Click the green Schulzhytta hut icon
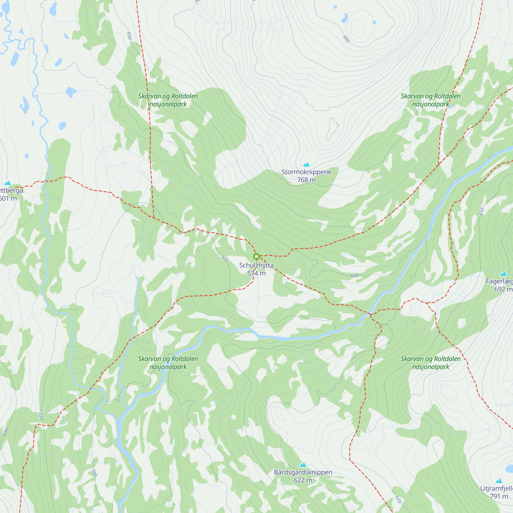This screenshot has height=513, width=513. (x=256, y=256)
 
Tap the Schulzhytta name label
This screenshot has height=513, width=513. (x=256, y=265)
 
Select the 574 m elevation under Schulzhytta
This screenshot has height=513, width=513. (x=256, y=273)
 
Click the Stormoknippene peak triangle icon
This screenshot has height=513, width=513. (x=307, y=164)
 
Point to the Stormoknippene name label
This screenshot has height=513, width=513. (x=307, y=172)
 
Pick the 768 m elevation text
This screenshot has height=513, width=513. (x=307, y=180)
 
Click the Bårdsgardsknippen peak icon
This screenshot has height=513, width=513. (x=303, y=465)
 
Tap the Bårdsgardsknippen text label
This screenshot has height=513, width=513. (x=303, y=472)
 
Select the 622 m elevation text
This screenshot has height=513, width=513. (x=303, y=480)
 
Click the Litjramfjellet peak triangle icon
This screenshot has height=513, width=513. (x=499, y=481)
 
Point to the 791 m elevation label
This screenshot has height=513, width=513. (x=499, y=496)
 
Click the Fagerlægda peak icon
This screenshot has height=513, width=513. (x=504, y=274)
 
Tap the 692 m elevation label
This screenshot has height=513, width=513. (x=503, y=289)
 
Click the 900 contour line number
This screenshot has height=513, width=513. (x=346, y=39)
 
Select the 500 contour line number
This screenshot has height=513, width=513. (x=94, y=473)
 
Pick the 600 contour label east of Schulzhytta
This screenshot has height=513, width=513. (x=354, y=276)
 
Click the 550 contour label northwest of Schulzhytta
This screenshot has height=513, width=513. (x=225, y=259)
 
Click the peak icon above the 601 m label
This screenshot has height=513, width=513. (x=8, y=183)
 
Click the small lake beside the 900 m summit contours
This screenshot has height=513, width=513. (x=344, y=18)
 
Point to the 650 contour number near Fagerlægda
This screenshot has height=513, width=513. (x=481, y=211)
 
